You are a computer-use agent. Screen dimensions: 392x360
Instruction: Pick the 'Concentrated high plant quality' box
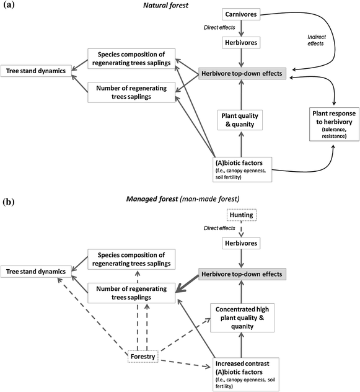pos(240,317)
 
